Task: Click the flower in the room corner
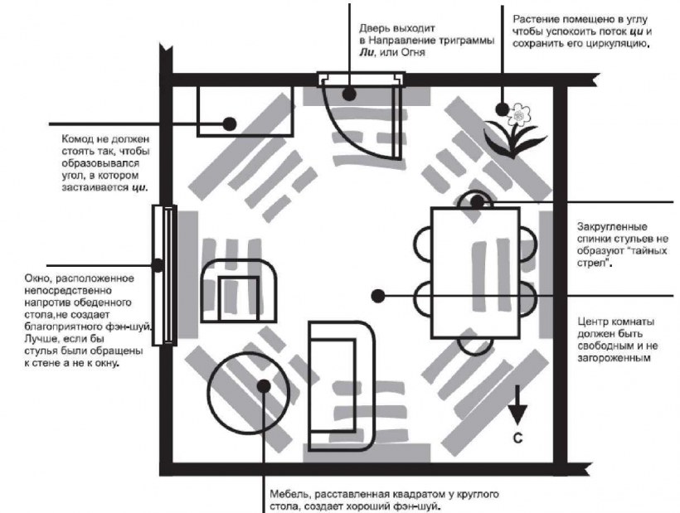tap(515, 130)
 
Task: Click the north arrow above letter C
tap(517, 404)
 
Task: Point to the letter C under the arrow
tap(517, 438)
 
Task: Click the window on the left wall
tap(164, 275)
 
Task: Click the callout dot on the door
tap(348, 94)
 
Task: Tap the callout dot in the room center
tap(378, 296)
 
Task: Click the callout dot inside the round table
tap(264, 385)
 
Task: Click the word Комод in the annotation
tap(76, 139)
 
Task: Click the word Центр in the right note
tap(594, 322)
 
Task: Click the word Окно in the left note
tap(36, 278)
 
